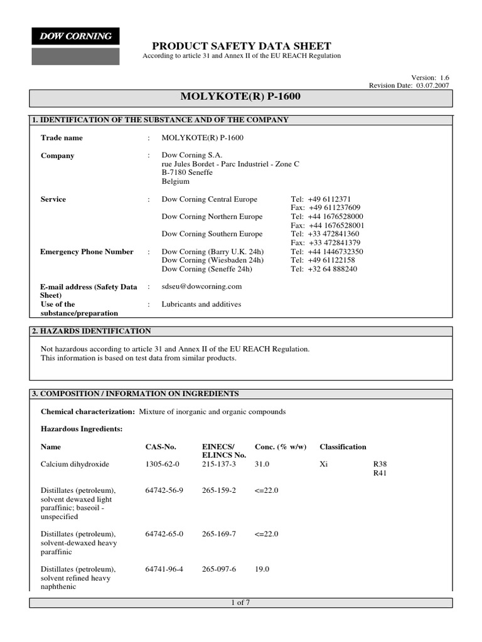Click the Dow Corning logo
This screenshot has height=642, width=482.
pos(75,36)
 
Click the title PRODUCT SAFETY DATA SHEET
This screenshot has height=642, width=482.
pos(242,46)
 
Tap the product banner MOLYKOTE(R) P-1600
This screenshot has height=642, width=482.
pos(241,97)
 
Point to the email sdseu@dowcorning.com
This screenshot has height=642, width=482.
pos(201,287)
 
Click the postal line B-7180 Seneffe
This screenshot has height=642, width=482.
pos(187,172)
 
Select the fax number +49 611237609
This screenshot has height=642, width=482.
pos(326,208)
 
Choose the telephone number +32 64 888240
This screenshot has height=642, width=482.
pos(324,269)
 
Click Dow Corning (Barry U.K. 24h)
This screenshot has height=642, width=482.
pos(210,251)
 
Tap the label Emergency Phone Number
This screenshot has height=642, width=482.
pos(87,251)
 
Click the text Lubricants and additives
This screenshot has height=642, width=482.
pos(201,304)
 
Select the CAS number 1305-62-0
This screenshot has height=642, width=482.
pos(162,464)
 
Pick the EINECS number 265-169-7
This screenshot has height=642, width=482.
pos(218,534)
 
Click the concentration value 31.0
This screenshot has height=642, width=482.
pos(262,464)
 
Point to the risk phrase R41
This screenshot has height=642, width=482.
pos(380,473)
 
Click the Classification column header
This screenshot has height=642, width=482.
pos(343,447)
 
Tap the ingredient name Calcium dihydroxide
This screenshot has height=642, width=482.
pos(75,464)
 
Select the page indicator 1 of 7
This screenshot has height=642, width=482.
pos(241,603)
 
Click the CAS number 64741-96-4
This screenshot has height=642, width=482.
pos(164,569)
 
